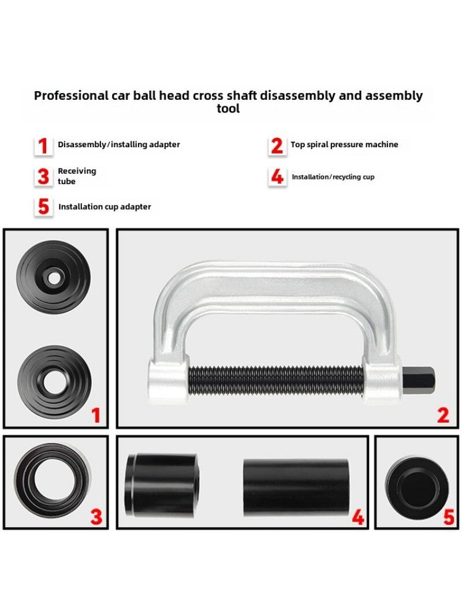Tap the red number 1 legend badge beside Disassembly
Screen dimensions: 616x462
(x=43, y=145)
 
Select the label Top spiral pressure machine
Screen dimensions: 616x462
(x=344, y=145)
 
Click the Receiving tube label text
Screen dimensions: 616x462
(x=77, y=176)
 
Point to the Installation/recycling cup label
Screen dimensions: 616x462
(x=333, y=177)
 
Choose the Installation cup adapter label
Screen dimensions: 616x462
(x=105, y=207)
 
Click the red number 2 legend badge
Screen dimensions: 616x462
(x=277, y=145)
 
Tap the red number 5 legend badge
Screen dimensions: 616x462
(x=43, y=207)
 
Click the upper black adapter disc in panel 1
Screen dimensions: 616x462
(x=53, y=277)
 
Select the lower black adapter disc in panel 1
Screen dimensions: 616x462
(x=53, y=382)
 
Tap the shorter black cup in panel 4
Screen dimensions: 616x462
(x=162, y=486)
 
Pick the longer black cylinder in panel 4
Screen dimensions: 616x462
(x=296, y=487)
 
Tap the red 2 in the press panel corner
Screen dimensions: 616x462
(x=443, y=415)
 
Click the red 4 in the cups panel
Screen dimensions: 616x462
(x=358, y=517)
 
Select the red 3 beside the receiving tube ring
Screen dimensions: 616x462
(x=96, y=517)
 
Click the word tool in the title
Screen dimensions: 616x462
(x=228, y=109)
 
